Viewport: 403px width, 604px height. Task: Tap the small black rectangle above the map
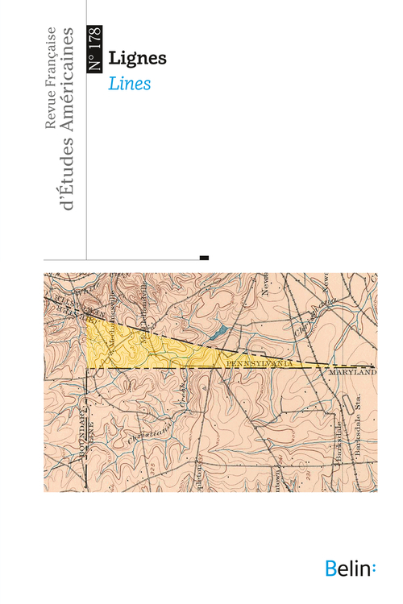(x=204, y=258)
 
